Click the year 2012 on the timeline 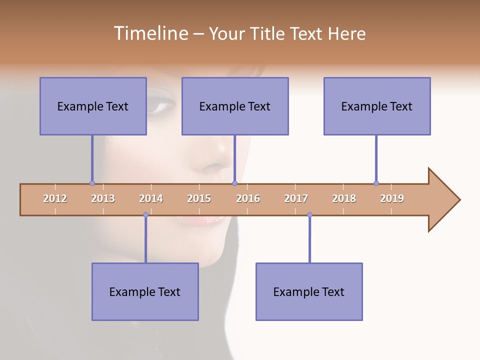click(55, 198)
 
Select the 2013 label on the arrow click(103, 198)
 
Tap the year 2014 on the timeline click(151, 198)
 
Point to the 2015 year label click(199, 198)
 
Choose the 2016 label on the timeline click(248, 198)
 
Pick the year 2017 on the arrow click(296, 198)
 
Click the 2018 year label click(344, 198)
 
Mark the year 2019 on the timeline click(392, 198)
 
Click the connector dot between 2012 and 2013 click(92, 183)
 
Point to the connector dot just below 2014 click(145, 215)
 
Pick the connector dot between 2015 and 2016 click(234, 183)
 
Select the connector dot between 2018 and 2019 click(376, 183)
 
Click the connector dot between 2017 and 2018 click(309, 215)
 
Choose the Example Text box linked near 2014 click(145, 291)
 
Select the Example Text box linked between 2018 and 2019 click(377, 106)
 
